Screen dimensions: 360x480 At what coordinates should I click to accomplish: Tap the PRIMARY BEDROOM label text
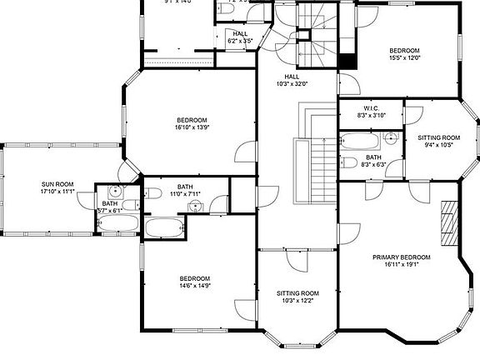pyautogui.click(x=401, y=257)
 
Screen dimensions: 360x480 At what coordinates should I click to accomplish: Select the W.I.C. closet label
pyautogui.click(x=372, y=107)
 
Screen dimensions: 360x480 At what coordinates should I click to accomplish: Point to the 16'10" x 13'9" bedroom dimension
pyautogui.click(x=192, y=127)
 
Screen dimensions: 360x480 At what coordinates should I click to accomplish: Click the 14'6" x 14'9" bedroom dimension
pyautogui.click(x=195, y=286)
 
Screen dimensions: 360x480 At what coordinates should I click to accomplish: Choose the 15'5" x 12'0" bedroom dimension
pyautogui.click(x=405, y=58)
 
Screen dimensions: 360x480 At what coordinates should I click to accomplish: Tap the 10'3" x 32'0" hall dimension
pyautogui.click(x=292, y=83)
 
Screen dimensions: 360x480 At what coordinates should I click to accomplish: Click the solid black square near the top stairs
pyautogui.click(x=347, y=62)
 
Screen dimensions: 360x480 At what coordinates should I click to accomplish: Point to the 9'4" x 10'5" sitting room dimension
pyautogui.click(x=439, y=145)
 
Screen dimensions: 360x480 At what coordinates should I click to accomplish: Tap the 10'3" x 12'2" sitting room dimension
pyautogui.click(x=298, y=301)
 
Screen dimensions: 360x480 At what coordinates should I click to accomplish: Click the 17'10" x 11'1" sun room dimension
pyautogui.click(x=57, y=192)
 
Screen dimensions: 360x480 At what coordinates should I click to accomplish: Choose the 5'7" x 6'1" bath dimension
pyautogui.click(x=110, y=211)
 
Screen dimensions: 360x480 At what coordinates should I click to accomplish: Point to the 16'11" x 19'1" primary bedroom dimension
pyautogui.click(x=401, y=264)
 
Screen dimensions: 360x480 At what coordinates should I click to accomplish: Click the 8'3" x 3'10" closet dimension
pyautogui.click(x=372, y=115)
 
